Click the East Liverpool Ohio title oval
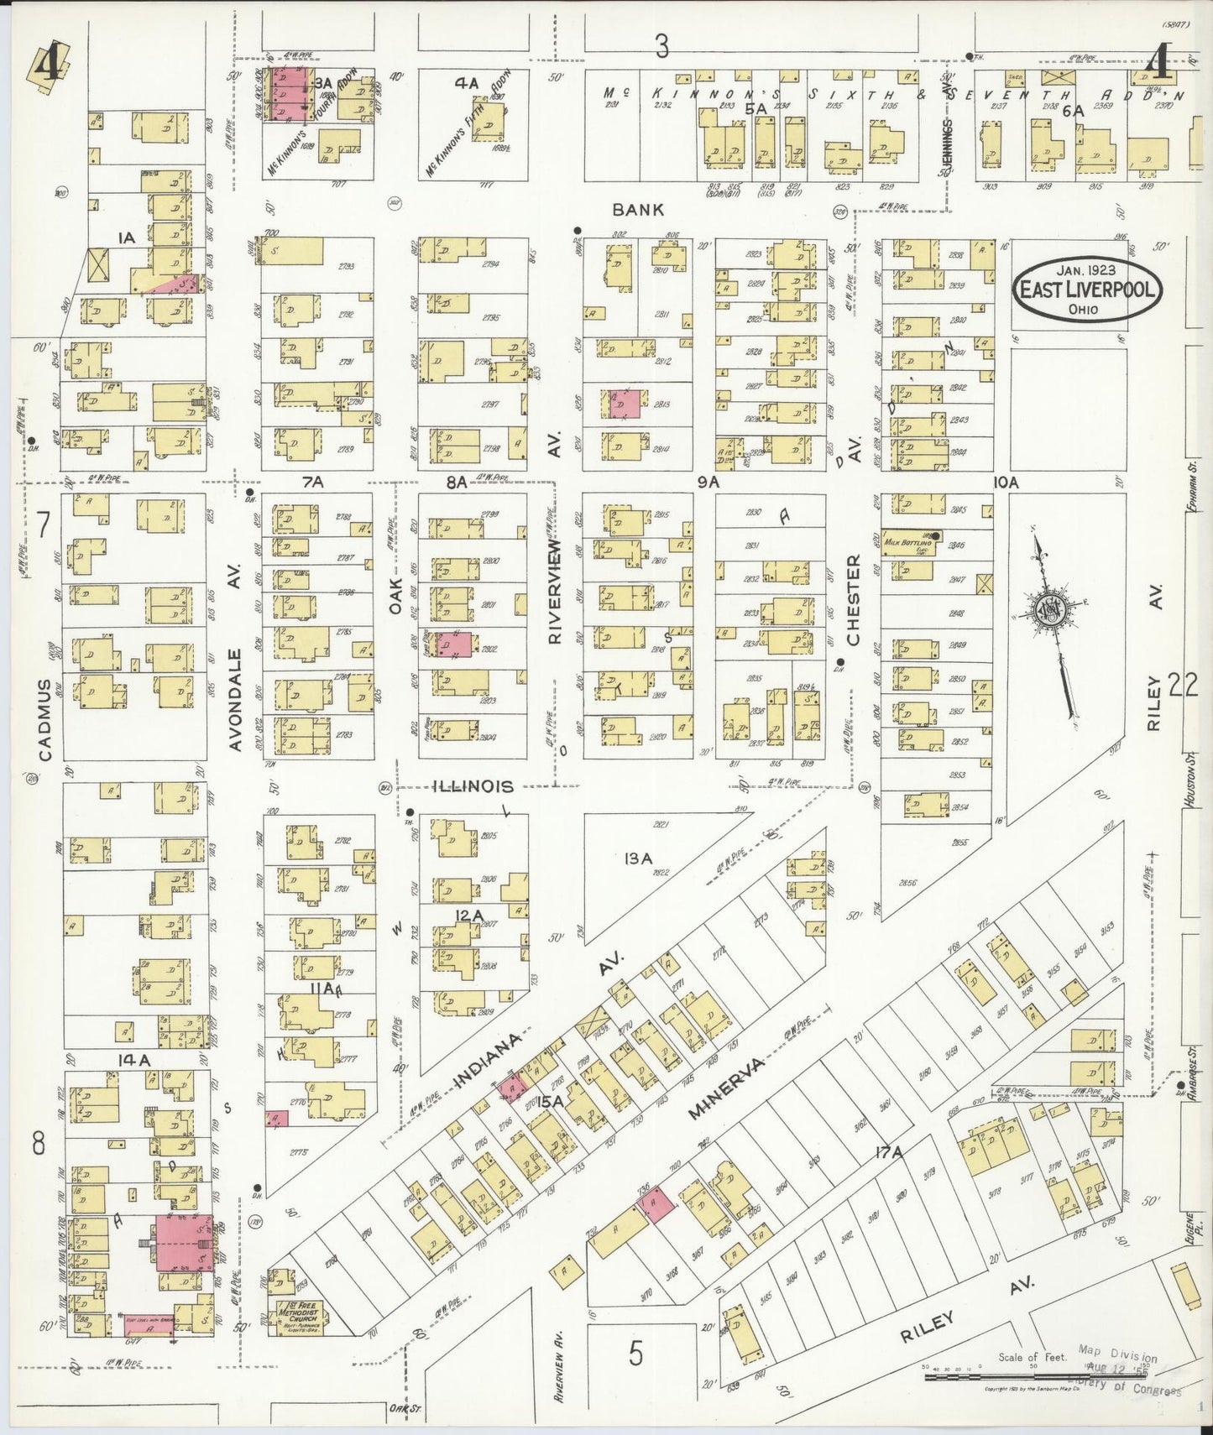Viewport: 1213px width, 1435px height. [1088, 291]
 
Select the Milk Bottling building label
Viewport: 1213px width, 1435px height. [907, 542]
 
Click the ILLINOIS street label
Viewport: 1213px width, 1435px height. [473, 786]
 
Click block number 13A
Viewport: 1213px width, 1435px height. [637, 858]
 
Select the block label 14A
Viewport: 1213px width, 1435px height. [134, 1061]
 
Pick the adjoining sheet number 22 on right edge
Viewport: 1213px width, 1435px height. [1182, 688]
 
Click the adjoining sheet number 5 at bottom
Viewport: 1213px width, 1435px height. [635, 1352]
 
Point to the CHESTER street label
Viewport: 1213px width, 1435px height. [854, 599]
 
